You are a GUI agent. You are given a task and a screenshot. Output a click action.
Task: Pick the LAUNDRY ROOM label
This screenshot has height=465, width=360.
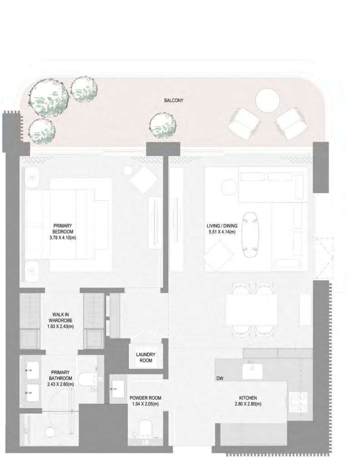coord(146,357)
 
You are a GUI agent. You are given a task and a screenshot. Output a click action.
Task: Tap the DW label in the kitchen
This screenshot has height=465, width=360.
coord(220,378)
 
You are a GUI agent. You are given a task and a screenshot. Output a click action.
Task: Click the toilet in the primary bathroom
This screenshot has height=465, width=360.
coord(87,378)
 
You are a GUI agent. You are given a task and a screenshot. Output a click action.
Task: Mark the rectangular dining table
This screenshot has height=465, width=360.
coord(252,310)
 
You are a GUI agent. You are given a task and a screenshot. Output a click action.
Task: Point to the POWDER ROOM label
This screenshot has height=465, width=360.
coord(145,398)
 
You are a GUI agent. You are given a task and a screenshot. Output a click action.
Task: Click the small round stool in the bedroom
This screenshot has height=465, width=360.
coord(128,171)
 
